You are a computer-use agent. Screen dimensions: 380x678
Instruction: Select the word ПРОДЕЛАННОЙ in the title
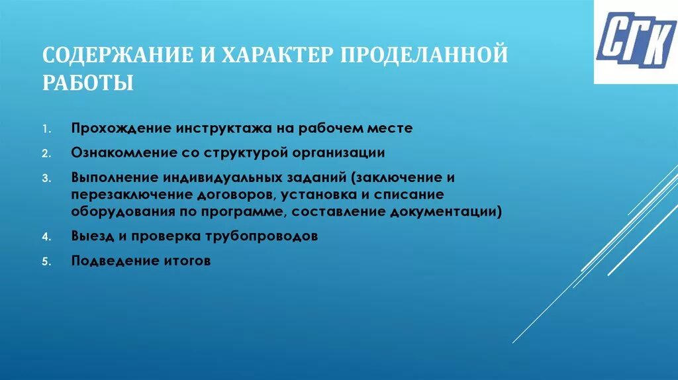pyautogui.click(x=424, y=55)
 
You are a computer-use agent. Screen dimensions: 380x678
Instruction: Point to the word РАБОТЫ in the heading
pyautogui.click(x=88, y=85)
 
